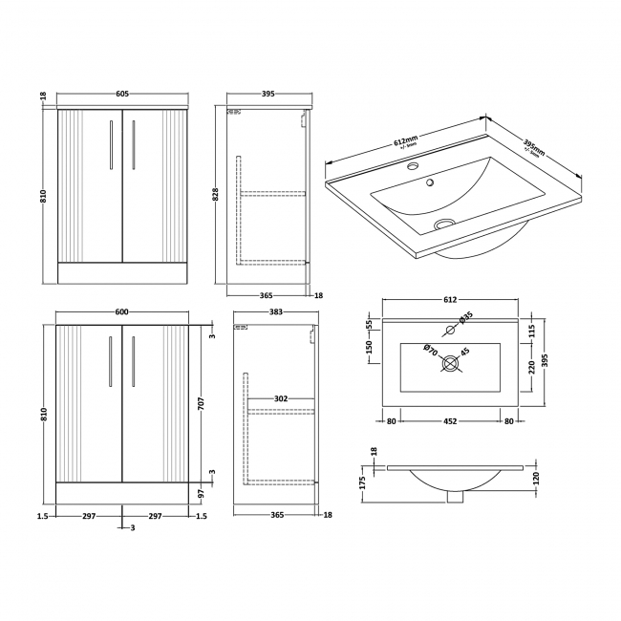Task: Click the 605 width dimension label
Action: [x=122, y=94]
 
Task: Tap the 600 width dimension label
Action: [x=122, y=310]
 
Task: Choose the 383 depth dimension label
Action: [x=277, y=311]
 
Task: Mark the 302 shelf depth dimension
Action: [x=282, y=398]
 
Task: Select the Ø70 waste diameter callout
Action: [x=432, y=352]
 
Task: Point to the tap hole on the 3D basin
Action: [x=414, y=168]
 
